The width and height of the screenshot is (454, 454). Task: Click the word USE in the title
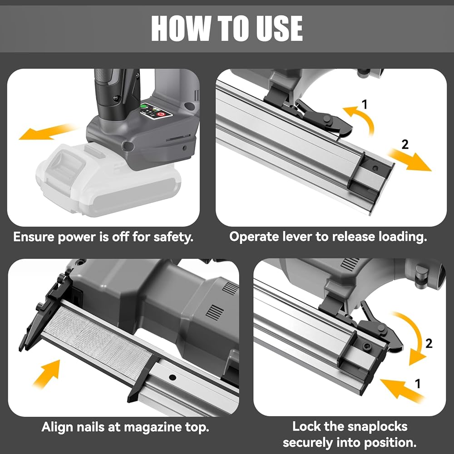(279, 28)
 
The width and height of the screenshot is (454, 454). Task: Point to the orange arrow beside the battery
(46, 132)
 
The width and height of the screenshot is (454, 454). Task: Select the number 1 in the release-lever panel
(364, 104)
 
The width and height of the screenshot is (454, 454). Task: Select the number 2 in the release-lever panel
(405, 144)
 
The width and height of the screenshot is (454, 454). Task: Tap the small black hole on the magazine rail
(173, 377)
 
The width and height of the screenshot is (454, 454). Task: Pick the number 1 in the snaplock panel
(417, 384)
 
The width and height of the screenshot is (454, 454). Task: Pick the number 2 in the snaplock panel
(429, 343)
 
